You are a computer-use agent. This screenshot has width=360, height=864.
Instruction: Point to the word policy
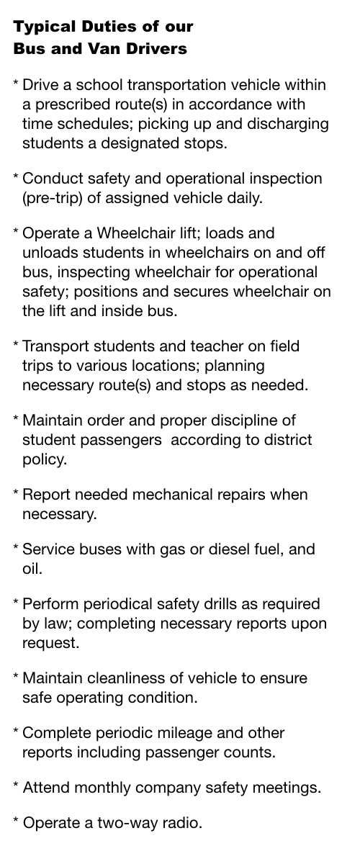point(44,459)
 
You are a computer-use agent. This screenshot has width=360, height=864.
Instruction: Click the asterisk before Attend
point(16,786)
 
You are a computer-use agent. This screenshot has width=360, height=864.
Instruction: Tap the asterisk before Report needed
point(16,493)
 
